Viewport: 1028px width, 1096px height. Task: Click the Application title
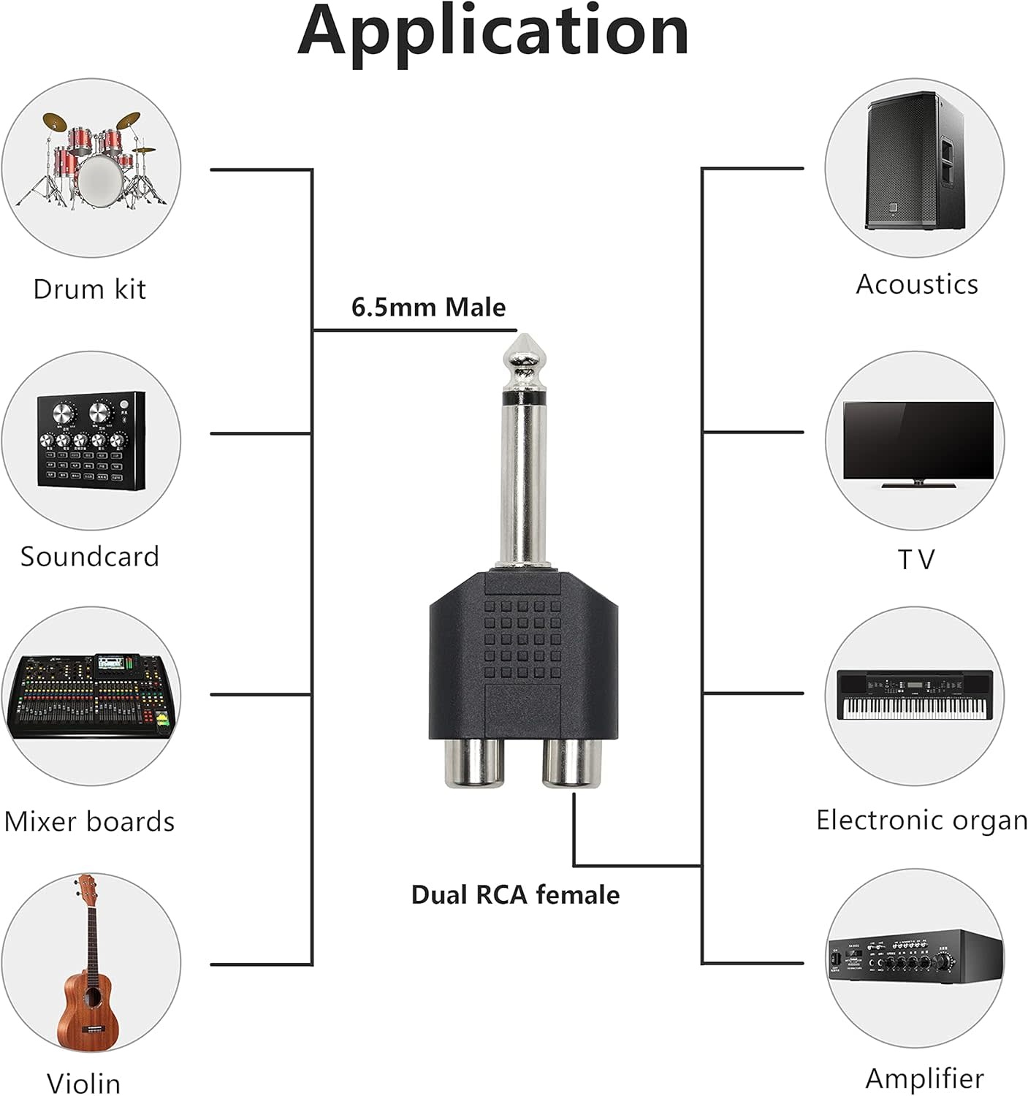pos(493,31)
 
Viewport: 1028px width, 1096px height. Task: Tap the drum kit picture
pos(91,161)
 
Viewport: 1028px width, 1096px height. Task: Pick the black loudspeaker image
pos(915,161)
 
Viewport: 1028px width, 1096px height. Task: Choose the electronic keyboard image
pos(915,695)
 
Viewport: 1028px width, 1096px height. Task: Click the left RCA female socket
pos(474,763)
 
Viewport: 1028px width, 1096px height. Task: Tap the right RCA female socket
pos(572,763)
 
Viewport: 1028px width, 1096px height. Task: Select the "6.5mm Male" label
pos(428,307)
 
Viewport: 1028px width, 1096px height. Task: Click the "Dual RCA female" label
pos(515,894)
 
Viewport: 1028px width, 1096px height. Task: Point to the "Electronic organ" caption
pos(921,820)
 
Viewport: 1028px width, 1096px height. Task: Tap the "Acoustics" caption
pos(917,284)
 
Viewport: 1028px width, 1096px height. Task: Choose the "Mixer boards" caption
pos(89,821)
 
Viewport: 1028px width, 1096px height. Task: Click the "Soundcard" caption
pos(89,557)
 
